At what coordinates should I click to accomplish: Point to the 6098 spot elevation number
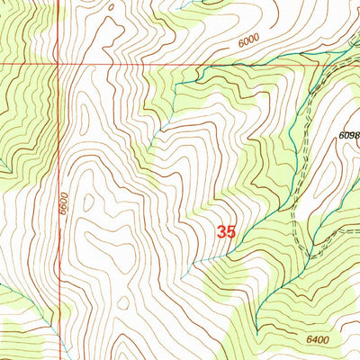pos(349,135)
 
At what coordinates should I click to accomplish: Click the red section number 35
pos(226,232)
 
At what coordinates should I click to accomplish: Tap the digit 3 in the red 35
pos(220,232)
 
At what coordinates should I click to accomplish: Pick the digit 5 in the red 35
pos(231,232)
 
